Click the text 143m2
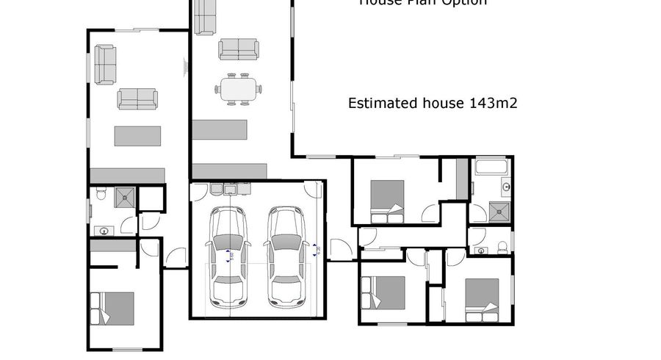(493, 103)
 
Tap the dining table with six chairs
(238, 89)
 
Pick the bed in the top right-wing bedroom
(387, 201)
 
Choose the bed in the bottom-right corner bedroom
(482, 300)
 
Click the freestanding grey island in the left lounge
(137, 136)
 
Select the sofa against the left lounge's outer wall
(105, 64)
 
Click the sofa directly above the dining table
(238, 49)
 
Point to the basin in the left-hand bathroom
(104, 231)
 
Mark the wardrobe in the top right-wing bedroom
(462, 179)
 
